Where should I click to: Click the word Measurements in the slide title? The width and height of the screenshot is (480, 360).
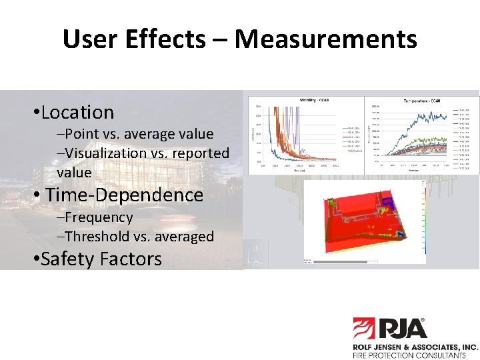pos(325,40)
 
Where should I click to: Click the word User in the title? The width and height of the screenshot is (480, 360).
pos(86,40)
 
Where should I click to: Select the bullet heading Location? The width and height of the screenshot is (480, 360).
pos(77,112)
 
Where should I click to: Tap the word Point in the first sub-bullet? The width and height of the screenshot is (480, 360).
pos(81,134)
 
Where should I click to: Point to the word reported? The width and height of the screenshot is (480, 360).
pos(197,153)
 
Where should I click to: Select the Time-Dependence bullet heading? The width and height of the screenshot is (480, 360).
pos(124,195)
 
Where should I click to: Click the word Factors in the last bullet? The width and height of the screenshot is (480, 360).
pos(131,259)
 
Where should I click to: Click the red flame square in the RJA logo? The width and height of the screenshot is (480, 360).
pos(365,329)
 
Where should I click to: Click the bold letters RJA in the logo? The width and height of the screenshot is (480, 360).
pos(403,329)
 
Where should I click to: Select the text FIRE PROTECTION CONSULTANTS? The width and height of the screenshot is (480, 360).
pos(409,355)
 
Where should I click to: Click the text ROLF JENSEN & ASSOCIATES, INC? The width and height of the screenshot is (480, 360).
pos(415,347)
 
